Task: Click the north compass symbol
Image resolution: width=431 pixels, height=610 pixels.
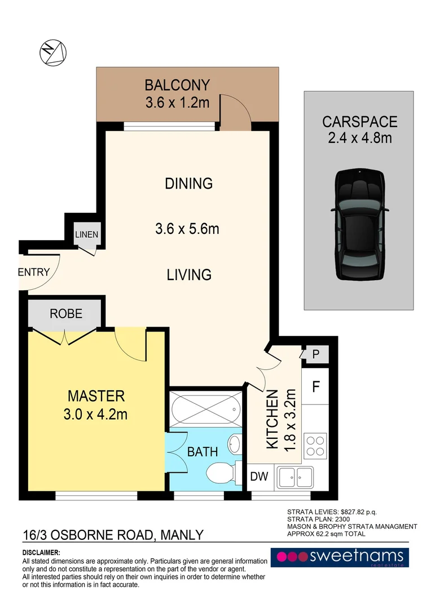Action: [53, 53]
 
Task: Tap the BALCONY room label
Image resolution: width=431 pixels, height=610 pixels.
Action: [177, 85]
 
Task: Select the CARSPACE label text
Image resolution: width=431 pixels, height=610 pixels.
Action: [360, 122]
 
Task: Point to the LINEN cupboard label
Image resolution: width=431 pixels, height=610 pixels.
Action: [87, 234]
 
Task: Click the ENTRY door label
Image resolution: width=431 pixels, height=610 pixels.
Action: [34, 272]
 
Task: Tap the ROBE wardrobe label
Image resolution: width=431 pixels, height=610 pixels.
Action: [66, 313]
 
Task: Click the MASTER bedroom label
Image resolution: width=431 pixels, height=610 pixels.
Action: [96, 396]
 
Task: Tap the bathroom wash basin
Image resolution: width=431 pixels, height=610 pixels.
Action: [235, 445]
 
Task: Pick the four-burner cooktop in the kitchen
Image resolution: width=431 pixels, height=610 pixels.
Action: [315, 446]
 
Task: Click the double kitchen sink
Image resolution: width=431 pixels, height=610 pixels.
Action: [295, 477]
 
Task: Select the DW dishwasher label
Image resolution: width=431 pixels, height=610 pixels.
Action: [260, 476]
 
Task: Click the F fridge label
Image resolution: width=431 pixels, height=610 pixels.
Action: [316, 387]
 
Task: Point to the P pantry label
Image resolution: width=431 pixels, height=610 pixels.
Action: [315, 354]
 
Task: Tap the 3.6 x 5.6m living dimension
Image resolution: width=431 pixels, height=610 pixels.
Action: [187, 229]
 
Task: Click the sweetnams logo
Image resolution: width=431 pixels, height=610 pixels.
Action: [340, 557]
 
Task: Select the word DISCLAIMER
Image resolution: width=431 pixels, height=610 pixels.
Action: [41, 552]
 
